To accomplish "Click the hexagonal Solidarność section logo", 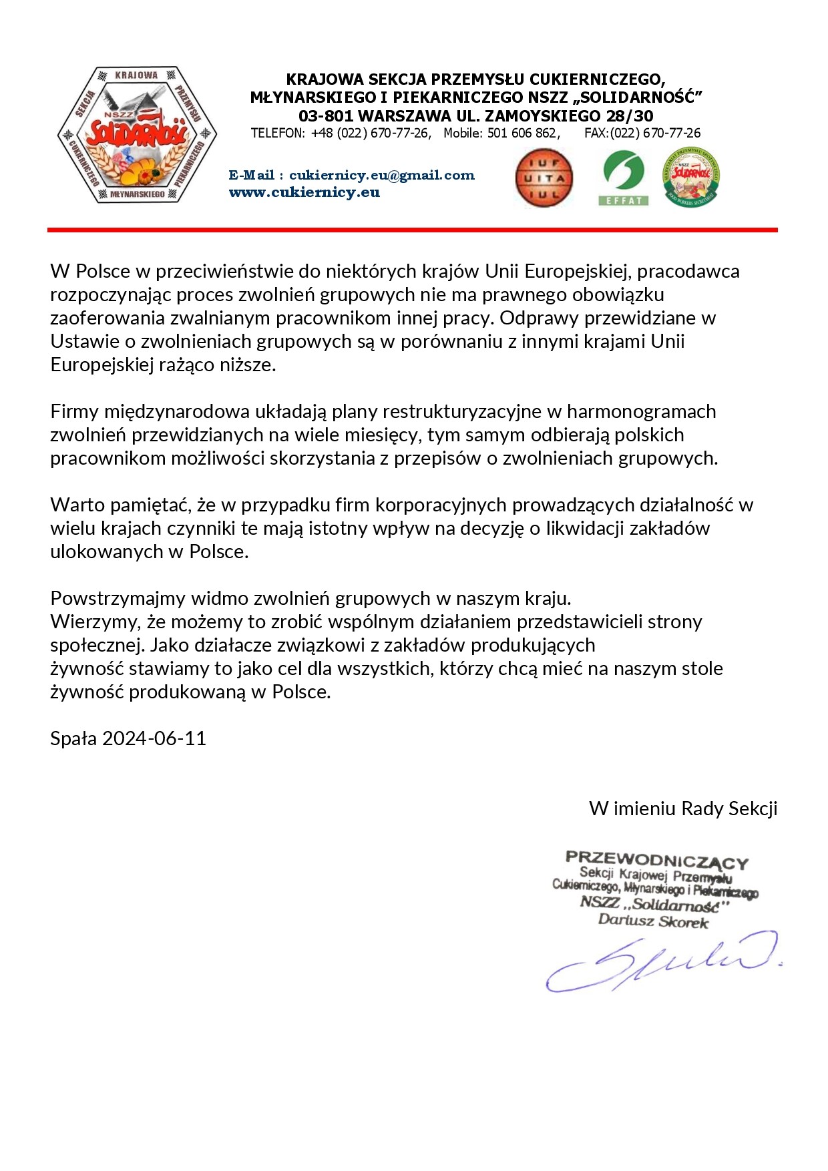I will (x=136, y=135).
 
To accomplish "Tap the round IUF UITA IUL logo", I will (x=544, y=178).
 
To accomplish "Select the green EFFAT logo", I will (x=623, y=177).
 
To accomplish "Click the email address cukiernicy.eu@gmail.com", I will (x=381, y=175).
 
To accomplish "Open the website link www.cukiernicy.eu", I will (x=304, y=192).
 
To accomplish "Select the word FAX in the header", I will (x=595, y=133).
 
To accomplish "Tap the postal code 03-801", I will (x=326, y=115).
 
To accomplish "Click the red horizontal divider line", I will (x=412, y=230).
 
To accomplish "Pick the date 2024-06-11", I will (x=154, y=738).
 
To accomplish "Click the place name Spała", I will (x=73, y=738).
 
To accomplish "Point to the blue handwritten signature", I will (x=661, y=961).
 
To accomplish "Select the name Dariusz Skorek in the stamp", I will (x=653, y=921).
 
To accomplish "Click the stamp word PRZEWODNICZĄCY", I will (x=656, y=859).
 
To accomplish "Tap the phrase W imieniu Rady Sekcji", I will (x=683, y=808).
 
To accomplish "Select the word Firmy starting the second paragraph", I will (x=74, y=411).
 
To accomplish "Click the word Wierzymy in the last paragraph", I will (x=93, y=622).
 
